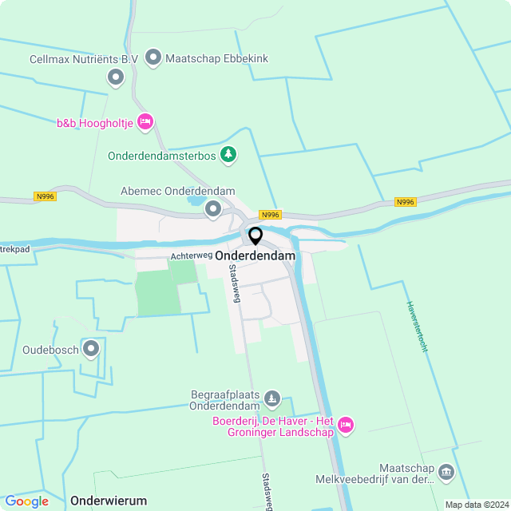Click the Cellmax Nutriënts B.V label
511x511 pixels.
(84, 59)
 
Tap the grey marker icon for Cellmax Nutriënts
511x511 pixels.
(116, 77)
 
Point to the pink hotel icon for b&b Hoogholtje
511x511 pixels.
(145, 122)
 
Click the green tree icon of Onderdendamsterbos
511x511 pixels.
(229, 153)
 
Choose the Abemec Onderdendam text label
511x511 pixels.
(177, 192)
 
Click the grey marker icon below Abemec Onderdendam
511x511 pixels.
(213, 209)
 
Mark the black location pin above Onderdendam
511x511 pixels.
(255, 236)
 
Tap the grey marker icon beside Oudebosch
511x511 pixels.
(91, 348)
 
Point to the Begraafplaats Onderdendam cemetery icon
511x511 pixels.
(273, 398)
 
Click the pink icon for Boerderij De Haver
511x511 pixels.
(346, 425)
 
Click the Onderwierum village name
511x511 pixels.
(109, 501)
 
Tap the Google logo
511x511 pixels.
(26, 501)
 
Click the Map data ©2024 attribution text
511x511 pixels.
(476, 505)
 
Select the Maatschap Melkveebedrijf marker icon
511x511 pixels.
(446, 473)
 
